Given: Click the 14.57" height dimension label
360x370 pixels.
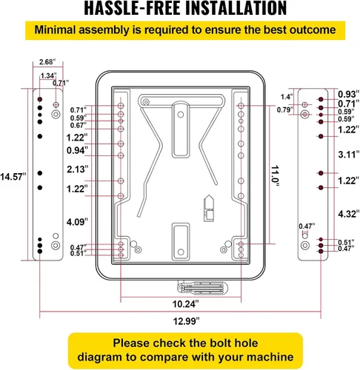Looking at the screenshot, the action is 13,177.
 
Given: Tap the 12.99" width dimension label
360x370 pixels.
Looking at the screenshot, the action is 186,321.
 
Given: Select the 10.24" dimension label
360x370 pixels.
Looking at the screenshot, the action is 185,304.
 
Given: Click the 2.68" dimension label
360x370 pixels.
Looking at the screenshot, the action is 47,62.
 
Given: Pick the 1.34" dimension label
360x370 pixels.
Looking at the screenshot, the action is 49,75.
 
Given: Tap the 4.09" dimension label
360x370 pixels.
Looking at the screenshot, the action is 77,222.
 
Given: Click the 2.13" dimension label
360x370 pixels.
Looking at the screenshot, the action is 78,169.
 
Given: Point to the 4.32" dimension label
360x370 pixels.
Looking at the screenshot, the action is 349,214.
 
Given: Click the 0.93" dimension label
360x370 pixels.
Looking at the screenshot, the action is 349,94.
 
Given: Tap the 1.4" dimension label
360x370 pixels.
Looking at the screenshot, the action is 287,97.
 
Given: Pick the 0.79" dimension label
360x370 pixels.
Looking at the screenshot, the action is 285,110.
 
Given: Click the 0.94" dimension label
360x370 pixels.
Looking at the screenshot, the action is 77,150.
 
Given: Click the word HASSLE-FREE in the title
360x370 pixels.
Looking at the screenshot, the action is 132,8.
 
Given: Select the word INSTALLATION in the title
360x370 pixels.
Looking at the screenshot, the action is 236,8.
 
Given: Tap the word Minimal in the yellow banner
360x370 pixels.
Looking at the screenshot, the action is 55,30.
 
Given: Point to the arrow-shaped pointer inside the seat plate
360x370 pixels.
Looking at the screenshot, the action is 209,208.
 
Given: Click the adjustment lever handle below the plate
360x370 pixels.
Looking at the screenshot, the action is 202,288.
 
